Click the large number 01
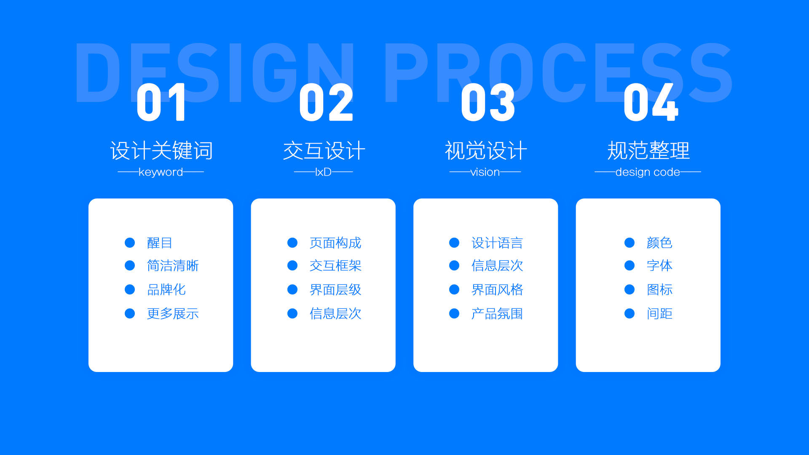coord(161,102)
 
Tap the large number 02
coord(326,102)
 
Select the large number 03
coord(488,102)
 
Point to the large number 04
coord(651,102)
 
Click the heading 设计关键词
coord(161,150)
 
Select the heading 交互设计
coord(324,150)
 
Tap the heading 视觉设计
coord(486,150)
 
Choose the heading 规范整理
coord(648,150)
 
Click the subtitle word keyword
coord(161,172)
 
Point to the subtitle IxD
coord(323,172)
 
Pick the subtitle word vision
coord(485,172)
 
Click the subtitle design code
coord(648,172)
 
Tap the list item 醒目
coord(160,243)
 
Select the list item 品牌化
coord(166,289)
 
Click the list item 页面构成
coord(335,243)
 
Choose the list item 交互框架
coord(335,265)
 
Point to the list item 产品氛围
coord(497,313)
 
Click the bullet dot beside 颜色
coord(630,243)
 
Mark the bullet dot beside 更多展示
coord(130,313)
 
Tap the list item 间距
coord(659,313)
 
